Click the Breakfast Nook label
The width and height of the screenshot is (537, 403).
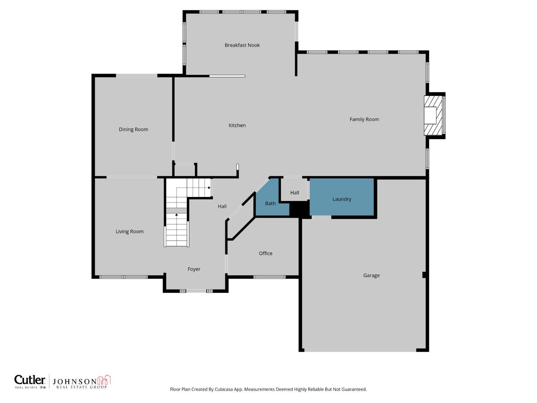[242, 45]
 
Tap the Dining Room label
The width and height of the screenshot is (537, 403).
[133, 129]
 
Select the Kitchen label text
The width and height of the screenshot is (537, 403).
[237, 125]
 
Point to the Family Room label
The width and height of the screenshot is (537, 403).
[364, 119]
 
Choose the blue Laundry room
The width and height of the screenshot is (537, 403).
[342, 199]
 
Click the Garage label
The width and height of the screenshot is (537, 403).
[371, 275]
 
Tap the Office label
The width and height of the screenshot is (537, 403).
[266, 253]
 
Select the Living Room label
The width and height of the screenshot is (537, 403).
[129, 231]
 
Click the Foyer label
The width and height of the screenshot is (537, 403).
[194, 269]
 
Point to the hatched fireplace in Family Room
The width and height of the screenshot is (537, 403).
[433, 115]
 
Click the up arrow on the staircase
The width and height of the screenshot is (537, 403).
[176, 215]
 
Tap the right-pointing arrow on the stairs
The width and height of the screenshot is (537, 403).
[209, 187]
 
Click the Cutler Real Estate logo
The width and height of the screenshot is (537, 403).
[30, 382]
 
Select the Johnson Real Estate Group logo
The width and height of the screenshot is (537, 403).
[82, 382]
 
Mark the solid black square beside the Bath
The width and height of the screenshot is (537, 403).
[299, 209]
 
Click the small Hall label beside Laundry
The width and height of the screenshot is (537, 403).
[295, 193]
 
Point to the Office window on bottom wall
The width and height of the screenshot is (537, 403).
[270, 277]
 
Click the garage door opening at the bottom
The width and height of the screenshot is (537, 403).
[360, 350]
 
